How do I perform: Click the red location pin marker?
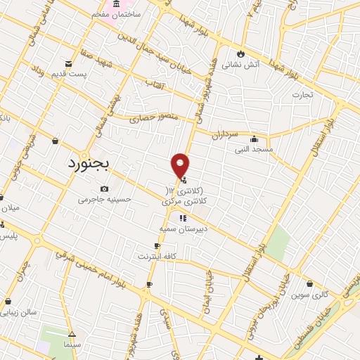point(181,167)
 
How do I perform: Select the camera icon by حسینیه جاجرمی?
point(104,188)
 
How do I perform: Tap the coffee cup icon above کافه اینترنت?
point(157,246)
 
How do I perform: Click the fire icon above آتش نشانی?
point(241,53)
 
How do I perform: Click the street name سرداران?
point(229,133)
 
